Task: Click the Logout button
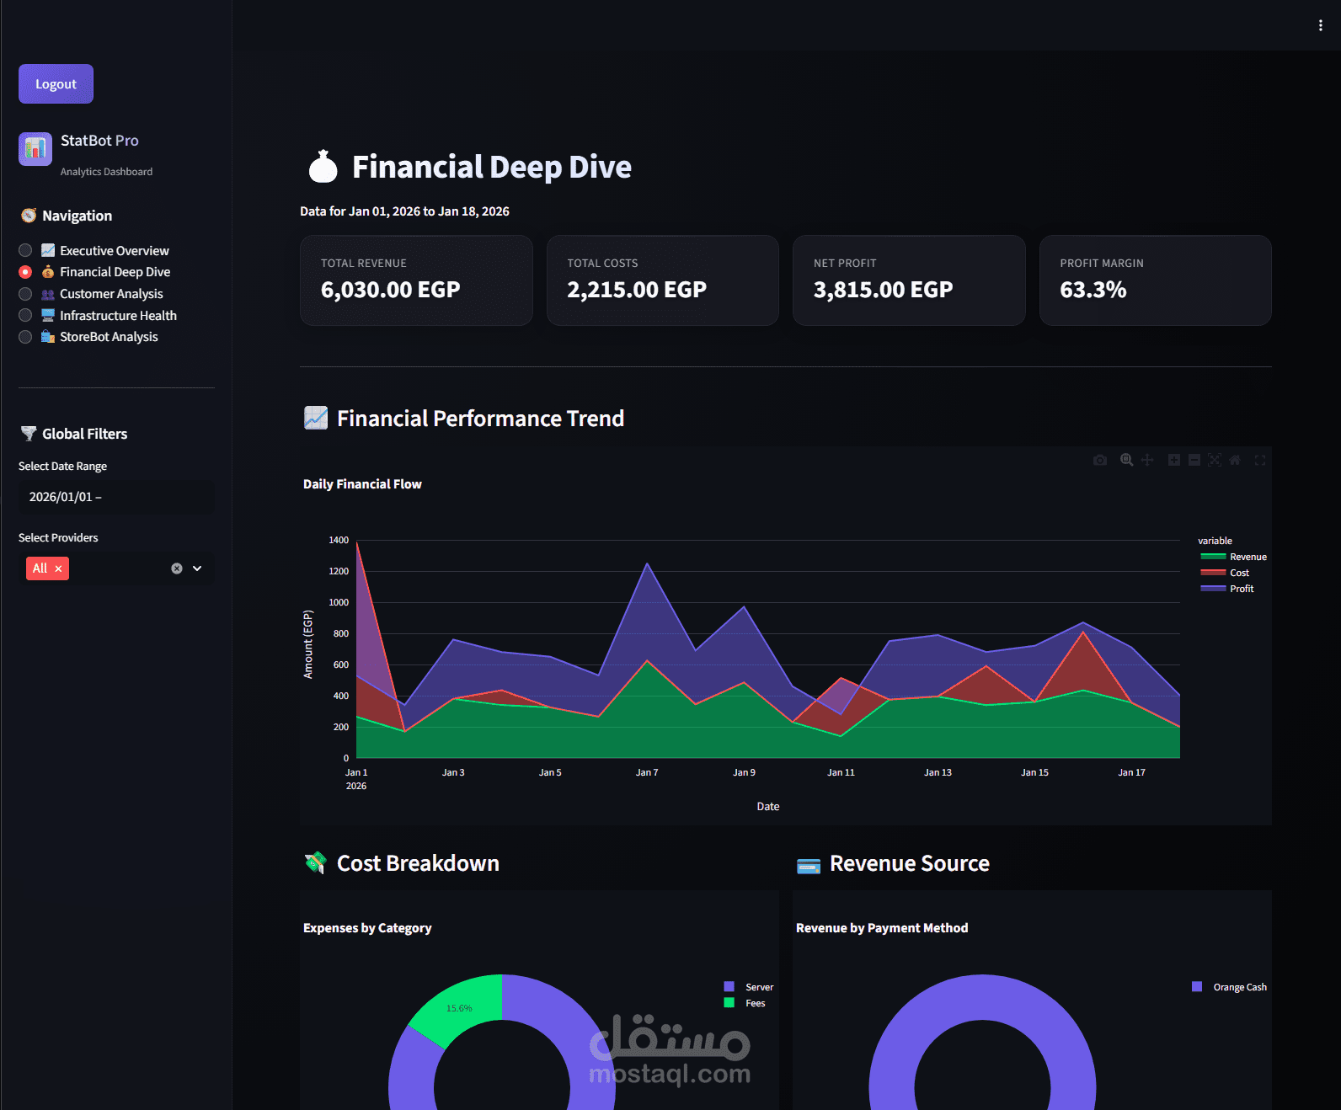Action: click(56, 84)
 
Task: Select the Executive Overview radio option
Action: click(25, 250)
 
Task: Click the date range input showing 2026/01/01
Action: click(115, 497)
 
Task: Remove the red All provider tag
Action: click(58, 568)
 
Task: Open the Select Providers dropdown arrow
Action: click(197, 568)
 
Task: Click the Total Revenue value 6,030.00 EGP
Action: click(390, 290)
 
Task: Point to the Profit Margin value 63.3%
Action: click(1093, 290)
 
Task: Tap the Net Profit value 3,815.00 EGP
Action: click(883, 290)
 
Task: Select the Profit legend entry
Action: click(1241, 589)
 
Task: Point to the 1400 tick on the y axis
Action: click(339, 540)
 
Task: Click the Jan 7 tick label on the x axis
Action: click(647, 772)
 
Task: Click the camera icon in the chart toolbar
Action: click(1100, 460)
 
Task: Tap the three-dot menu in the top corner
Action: click(1320, 25)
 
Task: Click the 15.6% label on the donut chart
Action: click(459, 1008)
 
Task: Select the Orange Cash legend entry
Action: click(1239, 987)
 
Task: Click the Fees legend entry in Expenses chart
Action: click(755, 1003)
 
